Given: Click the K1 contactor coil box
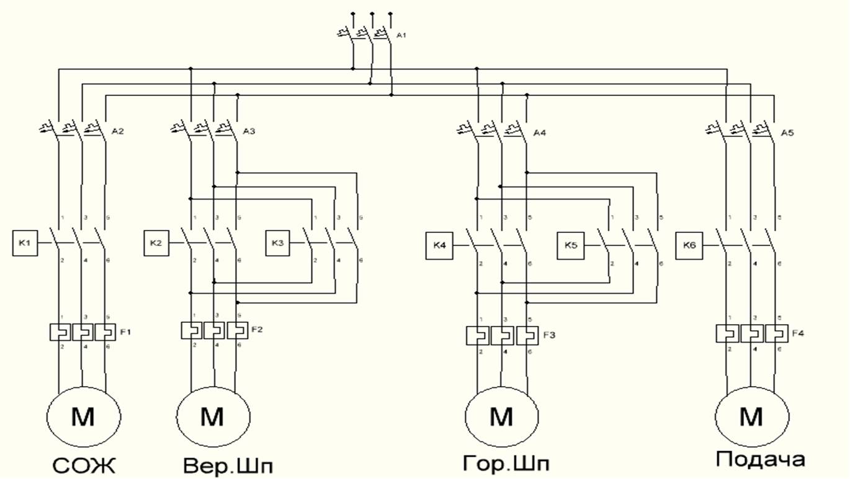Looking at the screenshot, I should tap(24, 243).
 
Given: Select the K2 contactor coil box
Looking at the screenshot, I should tap(156, 243).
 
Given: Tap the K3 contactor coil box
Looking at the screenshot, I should tap(278, 243).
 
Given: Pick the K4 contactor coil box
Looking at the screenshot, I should tap(439, 246).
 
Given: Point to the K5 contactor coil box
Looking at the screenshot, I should tap(571, 245).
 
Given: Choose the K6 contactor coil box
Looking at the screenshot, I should tap(689, 246).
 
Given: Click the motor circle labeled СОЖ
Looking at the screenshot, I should tap(83, 417).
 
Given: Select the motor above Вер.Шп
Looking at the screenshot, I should tap(212, 417).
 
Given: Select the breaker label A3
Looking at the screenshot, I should tap(249, 131).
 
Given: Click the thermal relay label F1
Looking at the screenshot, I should tap(126, 332).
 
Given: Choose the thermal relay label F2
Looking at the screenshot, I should tap(257, 329).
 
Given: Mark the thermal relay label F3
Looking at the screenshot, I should tap(549, 335).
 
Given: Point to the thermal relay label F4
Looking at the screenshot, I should tap(798, 333).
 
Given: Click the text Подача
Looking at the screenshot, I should tap(760, 460).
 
